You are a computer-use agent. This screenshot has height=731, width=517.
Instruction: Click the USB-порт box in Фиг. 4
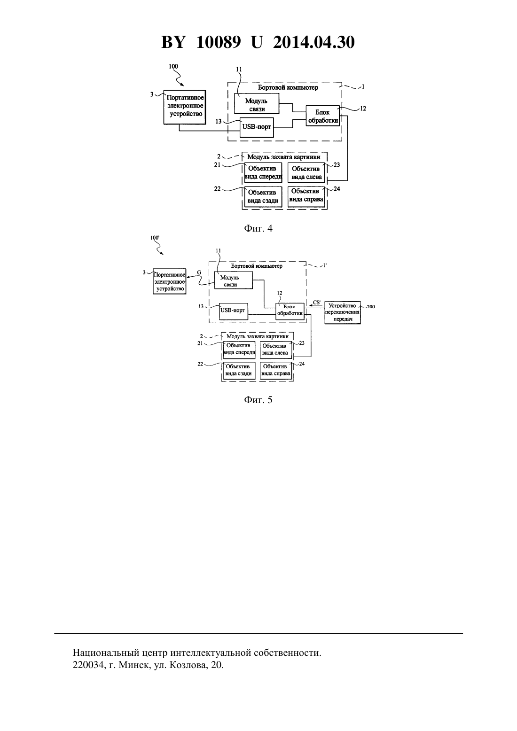click(257, 127)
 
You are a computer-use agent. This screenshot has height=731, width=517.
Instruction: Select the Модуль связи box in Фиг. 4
click(257, 103)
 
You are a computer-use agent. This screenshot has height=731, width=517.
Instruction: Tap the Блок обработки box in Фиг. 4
click(322, 117)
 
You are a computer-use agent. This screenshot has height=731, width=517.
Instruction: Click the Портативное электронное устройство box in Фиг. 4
click(185, 107)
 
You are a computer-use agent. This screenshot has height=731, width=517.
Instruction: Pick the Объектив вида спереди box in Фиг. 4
click(263, 172)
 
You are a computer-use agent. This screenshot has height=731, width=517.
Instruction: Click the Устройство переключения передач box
click(343, 312)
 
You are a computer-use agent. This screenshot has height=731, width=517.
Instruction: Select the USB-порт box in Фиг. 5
click(234, 311)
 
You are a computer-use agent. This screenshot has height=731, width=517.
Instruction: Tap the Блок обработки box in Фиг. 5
click(290, 311)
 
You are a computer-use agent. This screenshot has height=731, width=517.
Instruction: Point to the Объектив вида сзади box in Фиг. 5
click(239, 370)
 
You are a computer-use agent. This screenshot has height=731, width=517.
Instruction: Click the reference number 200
click(371, 307)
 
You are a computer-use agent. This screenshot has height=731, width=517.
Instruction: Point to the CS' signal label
click(317, 303)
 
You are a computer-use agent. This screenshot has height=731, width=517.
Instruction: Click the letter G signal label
click(199, 272)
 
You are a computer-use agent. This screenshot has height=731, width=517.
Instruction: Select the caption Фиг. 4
click(258, 228)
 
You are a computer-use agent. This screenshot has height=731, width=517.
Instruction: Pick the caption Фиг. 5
click(258, 400)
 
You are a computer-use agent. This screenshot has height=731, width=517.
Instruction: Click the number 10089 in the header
click(219, 42)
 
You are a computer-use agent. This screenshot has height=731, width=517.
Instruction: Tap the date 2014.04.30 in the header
click(313, 42)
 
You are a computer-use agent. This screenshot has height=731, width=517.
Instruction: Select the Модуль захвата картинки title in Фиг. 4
click(283, 157)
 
